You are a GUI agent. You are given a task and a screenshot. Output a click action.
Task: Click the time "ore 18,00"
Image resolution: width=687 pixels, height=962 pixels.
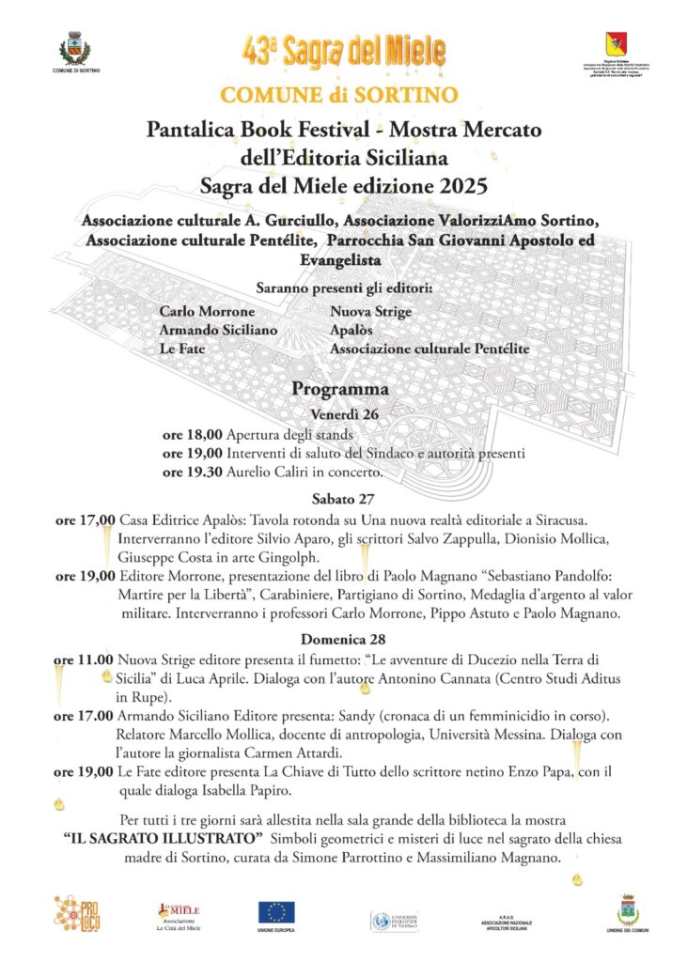pyautogui.click(x=192, y=434)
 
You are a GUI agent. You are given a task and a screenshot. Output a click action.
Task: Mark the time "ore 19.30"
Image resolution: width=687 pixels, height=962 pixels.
pyautogui.click(x=192, y=471)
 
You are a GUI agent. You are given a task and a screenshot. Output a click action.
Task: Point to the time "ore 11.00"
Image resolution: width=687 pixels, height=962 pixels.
pyautogui.click(x=84, y=659)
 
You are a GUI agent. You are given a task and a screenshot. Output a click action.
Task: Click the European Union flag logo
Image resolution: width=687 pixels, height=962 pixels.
pyautogui.click(x=276, y=910)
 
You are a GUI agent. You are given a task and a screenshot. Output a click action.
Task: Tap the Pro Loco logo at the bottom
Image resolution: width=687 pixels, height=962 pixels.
pyautogui.click(x=75, y=914)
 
